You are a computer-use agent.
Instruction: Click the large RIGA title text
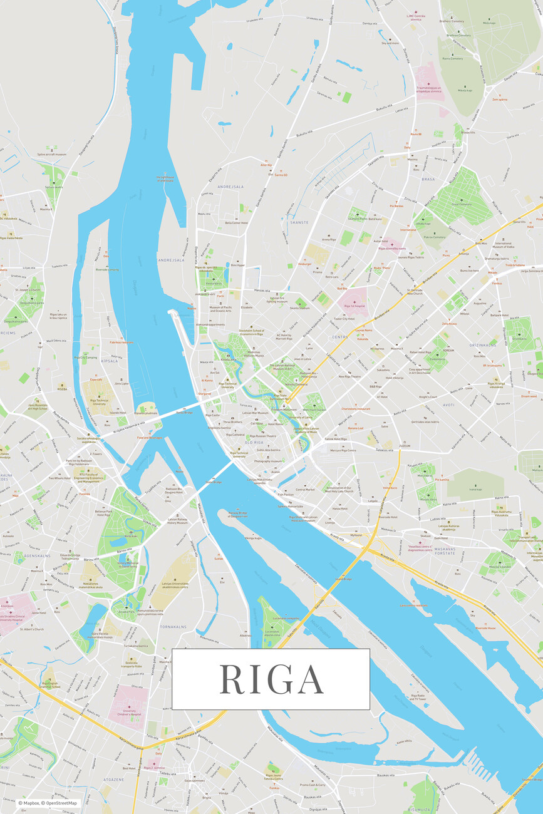[x=271, y=679]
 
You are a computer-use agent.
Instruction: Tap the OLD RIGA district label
[x=253, y=443]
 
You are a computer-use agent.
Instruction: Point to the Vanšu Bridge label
[x=184, y=413]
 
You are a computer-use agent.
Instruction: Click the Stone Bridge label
[x=214, y=482]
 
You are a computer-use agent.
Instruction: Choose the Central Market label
[x=305, y=490]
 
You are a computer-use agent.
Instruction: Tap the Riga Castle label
[x=213, y=415]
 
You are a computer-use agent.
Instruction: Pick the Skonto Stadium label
[x=299, y=308]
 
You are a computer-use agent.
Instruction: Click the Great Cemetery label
[x=461, y=203]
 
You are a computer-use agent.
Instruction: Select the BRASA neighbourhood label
[x=428, y=179]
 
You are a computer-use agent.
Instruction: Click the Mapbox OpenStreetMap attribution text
[x=48, y=803]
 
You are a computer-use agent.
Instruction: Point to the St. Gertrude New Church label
[x=415, y=292]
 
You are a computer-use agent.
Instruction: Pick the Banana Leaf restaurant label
[x=356, y=428]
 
